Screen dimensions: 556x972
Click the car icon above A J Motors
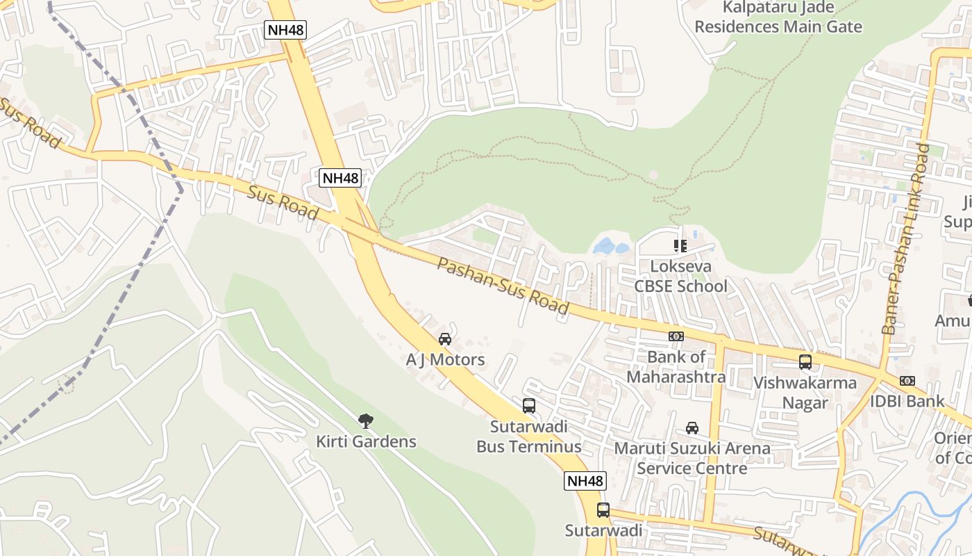coord(445,339)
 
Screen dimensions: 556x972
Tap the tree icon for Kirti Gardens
coord(366,420)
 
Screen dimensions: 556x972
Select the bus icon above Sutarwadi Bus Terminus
coord(529,406)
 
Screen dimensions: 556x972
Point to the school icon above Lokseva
coord(680,246)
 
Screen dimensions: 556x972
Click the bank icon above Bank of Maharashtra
coord(676,336)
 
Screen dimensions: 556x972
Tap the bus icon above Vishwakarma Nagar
coord(805,362)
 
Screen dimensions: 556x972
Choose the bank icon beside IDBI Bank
coord(907,381)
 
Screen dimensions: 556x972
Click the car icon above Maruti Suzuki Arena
coord(692,427)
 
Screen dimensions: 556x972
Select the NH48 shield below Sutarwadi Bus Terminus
coord(585,481)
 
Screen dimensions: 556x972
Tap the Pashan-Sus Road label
coord(503,286)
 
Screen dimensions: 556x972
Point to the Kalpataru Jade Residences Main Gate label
coord(778,17)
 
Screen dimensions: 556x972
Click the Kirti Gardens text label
coord(366,441)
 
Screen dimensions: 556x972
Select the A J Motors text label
coord(445,359)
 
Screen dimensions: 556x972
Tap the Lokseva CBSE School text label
coord(680,276)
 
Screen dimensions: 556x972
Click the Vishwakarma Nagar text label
coord(805,393)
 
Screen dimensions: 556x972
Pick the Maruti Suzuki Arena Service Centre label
coord(692,458)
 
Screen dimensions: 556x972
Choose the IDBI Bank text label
coord(907,401)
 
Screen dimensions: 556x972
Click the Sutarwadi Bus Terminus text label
coord(529,436)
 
